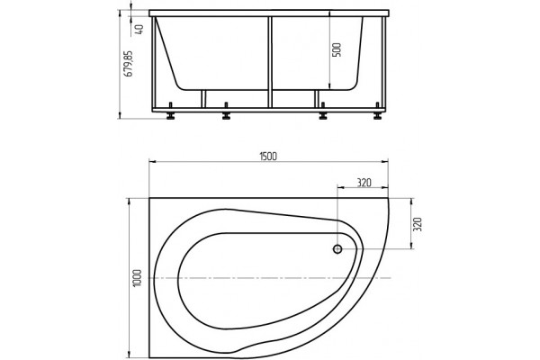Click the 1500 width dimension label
tap(268, 156)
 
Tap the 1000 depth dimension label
tap(137, 278)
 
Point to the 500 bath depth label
tap(337, 49)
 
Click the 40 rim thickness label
tap(139, 29)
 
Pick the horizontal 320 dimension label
tap(364, 183)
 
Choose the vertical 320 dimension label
tap(417, 224)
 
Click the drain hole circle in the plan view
tap(337, 248)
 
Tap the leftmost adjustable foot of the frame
tap(170, 111)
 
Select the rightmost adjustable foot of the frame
tap(378, 111)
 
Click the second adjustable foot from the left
tap(226, 111)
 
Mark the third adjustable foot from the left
tap(323, 111)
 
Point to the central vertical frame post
tap(270, 62)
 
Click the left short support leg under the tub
tap(203, 99)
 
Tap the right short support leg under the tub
tap(317, 99)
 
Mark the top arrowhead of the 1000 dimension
tap(129, 202)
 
